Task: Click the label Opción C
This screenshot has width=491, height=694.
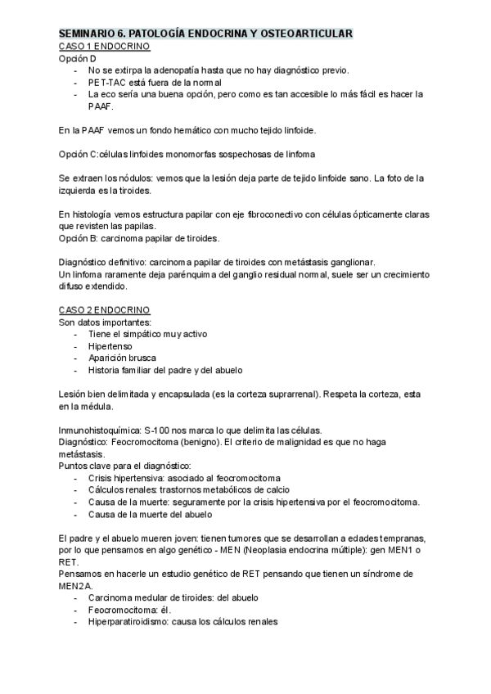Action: [79, 155]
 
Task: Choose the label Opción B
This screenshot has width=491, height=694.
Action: [79, 238]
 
